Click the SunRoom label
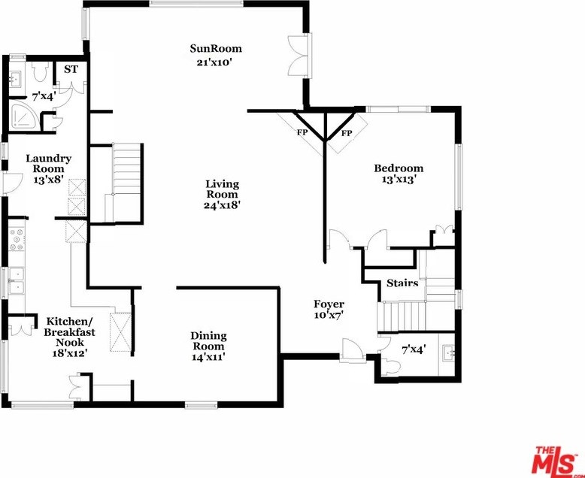click(215, 49)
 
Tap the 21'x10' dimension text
click(215, 62)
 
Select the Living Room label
click(222, 189)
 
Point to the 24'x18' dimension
click(222, 205)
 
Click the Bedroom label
click(399, 168)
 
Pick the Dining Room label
click(208, 341)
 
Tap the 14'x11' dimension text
click(208, 358)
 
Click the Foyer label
click(329, 304)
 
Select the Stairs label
click(402, 283)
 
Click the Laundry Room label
click(48, 164)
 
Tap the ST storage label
click(71, 69)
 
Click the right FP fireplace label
click(347, 133)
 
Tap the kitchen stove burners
click(15, 240)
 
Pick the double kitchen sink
click(15, 280)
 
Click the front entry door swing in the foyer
click(350, 349)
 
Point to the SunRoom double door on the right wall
click(299, 54)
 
